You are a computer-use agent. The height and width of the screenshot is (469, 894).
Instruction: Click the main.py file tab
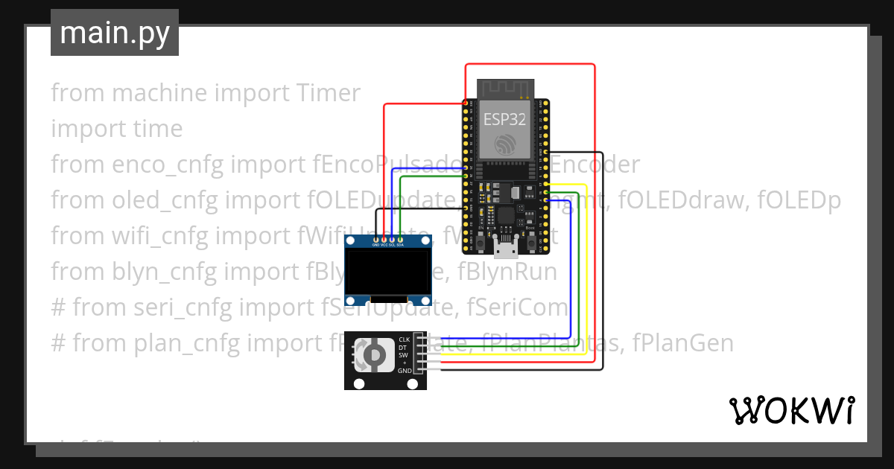[114, 33]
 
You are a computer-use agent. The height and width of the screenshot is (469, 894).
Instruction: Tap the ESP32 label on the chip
[504, 119]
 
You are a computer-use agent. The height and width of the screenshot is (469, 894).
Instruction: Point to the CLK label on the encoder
[405, 339]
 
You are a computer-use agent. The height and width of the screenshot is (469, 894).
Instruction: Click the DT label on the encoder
[402, 348]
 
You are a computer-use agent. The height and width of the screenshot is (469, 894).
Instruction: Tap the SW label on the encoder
[403, 355]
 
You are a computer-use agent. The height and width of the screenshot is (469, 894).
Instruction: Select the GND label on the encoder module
[405, 371]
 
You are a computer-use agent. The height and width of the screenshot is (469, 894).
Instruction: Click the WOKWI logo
[791, 410]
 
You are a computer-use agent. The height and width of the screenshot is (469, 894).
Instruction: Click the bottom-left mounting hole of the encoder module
[359, 383]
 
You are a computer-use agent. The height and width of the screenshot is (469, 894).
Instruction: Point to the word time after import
[154, 129]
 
